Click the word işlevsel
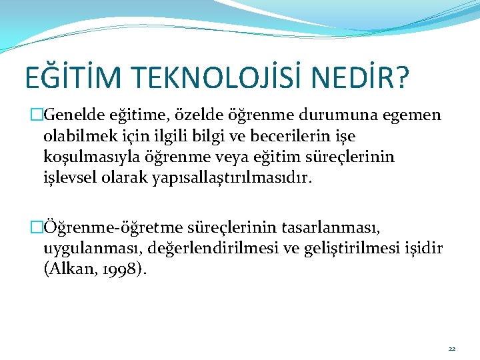pos(69,179)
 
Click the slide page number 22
pos(451,348)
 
